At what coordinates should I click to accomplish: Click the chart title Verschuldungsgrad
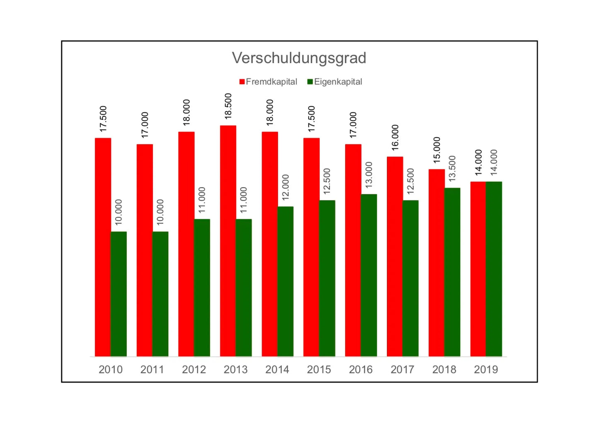pos(299,58)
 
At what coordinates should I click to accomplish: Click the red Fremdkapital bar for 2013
pos(228,240)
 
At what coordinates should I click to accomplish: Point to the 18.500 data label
pos(228,106)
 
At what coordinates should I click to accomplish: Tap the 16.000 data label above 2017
pos(395,138)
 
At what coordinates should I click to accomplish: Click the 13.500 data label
pos(452,169)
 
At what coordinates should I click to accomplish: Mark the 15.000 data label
pos(437,150)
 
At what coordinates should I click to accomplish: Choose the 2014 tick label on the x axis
pos(277,370)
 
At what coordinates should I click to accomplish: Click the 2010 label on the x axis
pos(110,370)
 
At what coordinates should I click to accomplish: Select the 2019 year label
pos(486,370)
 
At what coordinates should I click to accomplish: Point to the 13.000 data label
pos(369,175)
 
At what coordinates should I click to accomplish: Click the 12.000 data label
pos(286,187)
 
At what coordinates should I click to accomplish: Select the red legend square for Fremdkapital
pos(242,82)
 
